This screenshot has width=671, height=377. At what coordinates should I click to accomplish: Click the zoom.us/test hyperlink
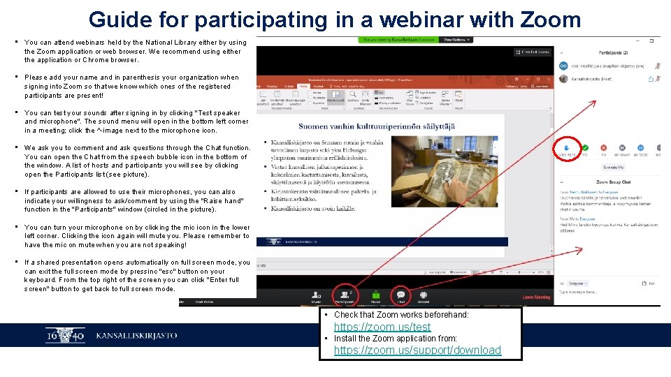click(x=382, y=327)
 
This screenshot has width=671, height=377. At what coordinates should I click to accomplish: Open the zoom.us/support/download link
click(x=417, y=350)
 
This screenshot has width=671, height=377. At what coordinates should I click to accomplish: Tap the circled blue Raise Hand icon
click(x=567, y=148)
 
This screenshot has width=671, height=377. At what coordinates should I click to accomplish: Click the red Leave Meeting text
click(x=536, y=297)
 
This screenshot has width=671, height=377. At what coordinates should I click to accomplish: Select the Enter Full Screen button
click(x=533, y=52)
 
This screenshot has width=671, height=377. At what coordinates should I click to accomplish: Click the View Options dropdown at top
click(x=457, y=40)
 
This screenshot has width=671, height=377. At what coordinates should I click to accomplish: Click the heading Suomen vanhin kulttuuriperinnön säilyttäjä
click(x=377, y=126)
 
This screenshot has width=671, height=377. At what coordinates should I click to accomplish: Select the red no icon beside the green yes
click(x=604, y=148)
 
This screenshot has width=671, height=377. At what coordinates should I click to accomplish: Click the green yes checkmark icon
click(x=586, y=148)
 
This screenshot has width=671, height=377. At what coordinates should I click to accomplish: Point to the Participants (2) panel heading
click(x=613, y=52)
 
